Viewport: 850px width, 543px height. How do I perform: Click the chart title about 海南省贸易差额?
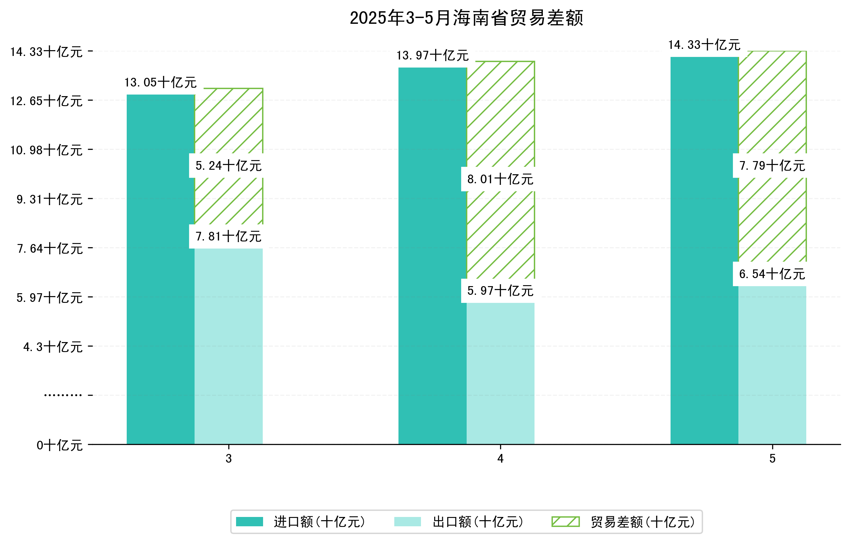coord(466,18)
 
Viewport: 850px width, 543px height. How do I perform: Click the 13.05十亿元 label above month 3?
coord(160,83)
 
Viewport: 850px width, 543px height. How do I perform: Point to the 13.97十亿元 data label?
coord(433,55)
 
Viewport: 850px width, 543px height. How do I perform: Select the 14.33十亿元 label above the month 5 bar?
coord(704,45)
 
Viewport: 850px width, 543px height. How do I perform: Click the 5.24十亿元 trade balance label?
coord(228,166)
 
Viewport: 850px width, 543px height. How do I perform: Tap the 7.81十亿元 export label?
coord(228,236)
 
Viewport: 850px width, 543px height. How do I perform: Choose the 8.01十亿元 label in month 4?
coord(500,179)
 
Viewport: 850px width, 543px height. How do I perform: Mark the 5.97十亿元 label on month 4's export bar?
coord(500,291)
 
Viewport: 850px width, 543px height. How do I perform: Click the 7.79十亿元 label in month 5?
coord(772,166)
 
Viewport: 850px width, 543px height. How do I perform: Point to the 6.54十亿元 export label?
coord(772,274)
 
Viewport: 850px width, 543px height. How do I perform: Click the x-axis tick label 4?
coord(500,459)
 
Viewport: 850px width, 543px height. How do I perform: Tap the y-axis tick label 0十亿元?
coord(59,445)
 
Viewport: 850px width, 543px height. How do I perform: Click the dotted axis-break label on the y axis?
coord(63,395)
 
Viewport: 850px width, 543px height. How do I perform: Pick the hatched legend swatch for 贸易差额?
coord(565,521)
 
